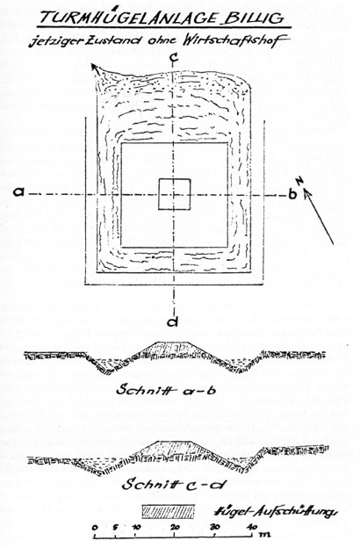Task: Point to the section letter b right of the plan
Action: click(x=292, y=193)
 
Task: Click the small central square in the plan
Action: click(x=175, y=194)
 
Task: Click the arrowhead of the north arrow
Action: click(x=307, y=193)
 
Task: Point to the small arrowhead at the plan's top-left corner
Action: click(x=94, y=68)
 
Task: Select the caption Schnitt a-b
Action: click(x=168, y=390)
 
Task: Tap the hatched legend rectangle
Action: click(x=168, y=511)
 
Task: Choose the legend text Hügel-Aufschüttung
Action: click(x=276, y=512)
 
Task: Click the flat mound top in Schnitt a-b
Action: click(x=173, y=342)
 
